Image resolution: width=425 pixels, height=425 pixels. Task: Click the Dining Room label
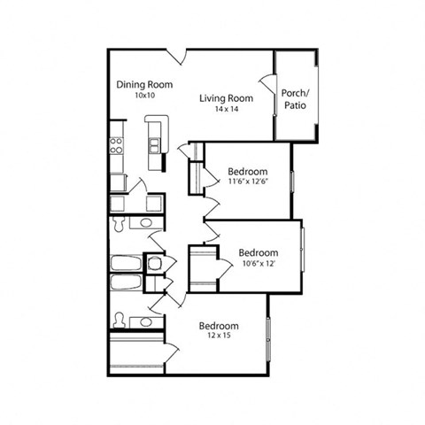(x=144, y=85)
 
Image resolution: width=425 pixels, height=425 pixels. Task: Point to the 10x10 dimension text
(x=145, y=96)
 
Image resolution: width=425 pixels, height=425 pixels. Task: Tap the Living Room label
(x=227, y=98)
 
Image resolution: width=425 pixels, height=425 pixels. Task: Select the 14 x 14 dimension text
(x=227, y=109)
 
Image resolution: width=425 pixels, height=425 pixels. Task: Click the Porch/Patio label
(x=294, y=99)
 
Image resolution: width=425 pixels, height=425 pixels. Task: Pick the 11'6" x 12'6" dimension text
(x=248, y=182)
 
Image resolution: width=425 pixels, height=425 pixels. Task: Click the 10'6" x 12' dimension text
(x=259, y=262)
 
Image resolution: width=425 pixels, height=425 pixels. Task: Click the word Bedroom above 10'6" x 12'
(x=259, y=251)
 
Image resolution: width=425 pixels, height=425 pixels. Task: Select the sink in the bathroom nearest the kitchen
(x=144, y=222)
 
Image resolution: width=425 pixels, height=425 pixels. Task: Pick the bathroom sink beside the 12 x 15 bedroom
(x=144, y=321)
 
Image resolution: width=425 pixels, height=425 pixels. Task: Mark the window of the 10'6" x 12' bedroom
(x=302, y=251)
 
